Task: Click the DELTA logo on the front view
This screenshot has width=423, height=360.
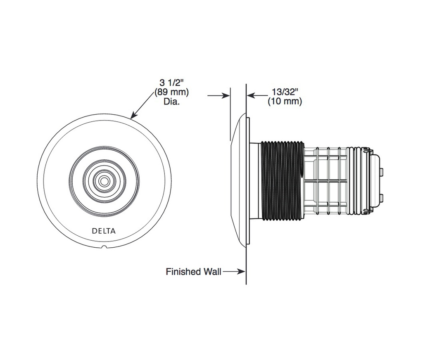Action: click(x=104, y=231)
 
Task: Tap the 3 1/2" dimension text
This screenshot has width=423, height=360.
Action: click(x=171, y=83)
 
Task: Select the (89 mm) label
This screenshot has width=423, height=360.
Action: click(x=171, y=92)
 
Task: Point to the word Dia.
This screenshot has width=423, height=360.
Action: click(x=171, y=102)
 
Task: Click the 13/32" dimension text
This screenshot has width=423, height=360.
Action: click(x=285, y=92)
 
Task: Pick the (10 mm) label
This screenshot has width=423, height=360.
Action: click(x=285, y=102)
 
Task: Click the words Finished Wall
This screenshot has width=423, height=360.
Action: click(x=193, y=272)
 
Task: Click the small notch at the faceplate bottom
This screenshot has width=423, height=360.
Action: click(x=104, y=246)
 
